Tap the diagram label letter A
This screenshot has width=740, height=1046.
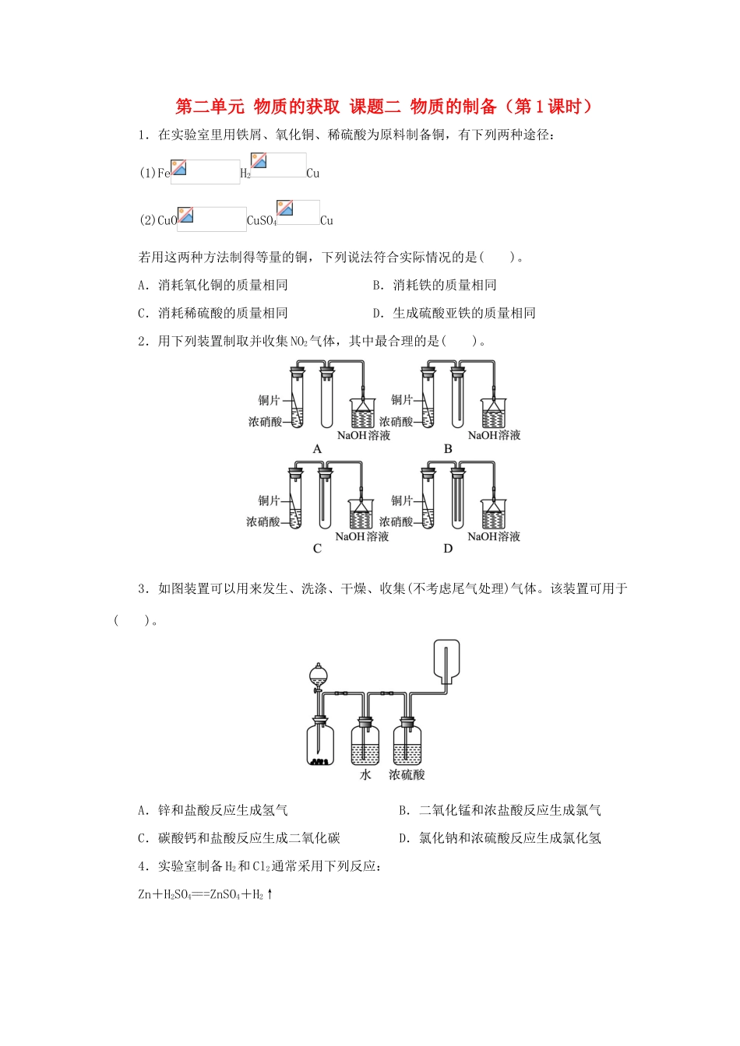[x=317, y=449]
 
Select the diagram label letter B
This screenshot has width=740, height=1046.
[x=448, y=449]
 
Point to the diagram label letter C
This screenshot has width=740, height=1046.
[x=317, y=549]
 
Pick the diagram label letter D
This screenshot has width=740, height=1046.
[x=448, y=549]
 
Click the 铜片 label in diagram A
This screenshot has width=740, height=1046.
[x=269, y=400]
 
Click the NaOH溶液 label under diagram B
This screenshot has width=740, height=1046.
[x=494, y=435]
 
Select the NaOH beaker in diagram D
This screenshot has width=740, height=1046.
[x=493, y=514]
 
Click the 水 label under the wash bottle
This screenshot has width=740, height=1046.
[x=365, y=775]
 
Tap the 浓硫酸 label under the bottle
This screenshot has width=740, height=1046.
[x=407, y=775]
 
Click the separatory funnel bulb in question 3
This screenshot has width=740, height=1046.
[x=317, y=673]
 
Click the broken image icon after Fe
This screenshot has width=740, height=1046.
[x=179, y=167]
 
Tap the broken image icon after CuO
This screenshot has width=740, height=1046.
[x=185, y=215]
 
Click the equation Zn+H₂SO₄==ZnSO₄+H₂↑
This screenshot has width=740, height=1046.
[x=206, y=895]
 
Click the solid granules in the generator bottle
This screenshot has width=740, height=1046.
[x=319, y=761]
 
